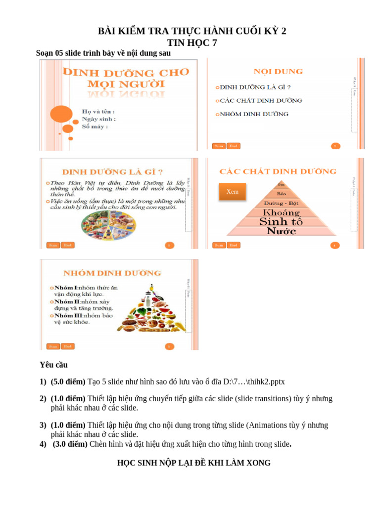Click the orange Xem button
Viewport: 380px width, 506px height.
(x=232, y=192)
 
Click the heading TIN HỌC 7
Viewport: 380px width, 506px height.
(x=192, y=43)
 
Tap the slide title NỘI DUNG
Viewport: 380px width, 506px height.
(x=278, y=72)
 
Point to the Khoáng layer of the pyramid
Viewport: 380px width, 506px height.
(x=281, y=212)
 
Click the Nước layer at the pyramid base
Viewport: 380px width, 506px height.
(x=281, y=231)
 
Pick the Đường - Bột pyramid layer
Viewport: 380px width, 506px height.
(x=281, y=203)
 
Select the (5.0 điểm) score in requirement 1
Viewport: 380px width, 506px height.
(x=68, y=382)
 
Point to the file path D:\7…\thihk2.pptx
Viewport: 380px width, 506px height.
(x=253, y=382)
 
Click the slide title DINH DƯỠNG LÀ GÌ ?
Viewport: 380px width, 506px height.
(x=112, y=172)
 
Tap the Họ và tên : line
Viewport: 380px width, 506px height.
(x=98, y=112)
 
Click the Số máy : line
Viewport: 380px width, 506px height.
(x=95, y=126)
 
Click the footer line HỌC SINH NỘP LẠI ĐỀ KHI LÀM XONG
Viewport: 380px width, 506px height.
(x=193, y=463)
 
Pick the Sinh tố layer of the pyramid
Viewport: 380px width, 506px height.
(x=281, y=222)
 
